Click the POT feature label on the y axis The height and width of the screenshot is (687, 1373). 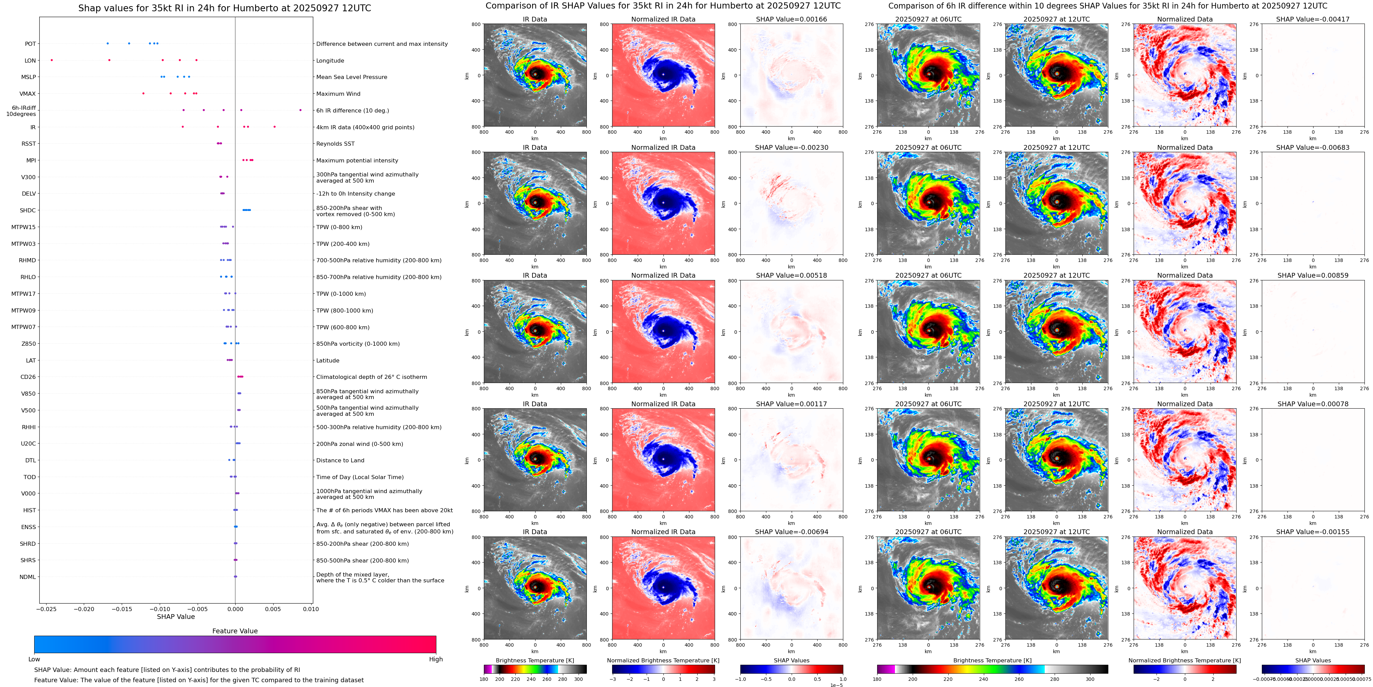click(x=30, y=44)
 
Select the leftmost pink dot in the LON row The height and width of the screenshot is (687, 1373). click(x=52, y=60)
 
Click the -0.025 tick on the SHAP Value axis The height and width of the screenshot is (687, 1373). click(x=47, y=609)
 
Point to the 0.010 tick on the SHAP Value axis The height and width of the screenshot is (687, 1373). click(x=311, y=609)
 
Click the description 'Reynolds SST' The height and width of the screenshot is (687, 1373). click(x=335, y=144)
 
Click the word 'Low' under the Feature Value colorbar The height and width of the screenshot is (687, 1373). click(x=34, y=659)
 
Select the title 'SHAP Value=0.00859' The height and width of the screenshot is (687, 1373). click(x=1313, y=276)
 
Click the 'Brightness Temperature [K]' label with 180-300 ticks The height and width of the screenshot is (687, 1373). click(x=534, y=660)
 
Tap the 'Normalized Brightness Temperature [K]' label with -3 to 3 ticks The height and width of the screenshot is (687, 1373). click(x=663, y=660)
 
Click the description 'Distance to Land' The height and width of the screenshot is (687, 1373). click(x=340, y=461)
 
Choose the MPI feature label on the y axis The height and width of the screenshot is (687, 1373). click(x=31, y=160)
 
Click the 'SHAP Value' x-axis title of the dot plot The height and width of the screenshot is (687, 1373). click(x=176, y=617)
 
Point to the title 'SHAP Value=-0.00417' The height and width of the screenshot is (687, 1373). click(x=1313, y=19)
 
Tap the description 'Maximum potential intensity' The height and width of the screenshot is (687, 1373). click(x=357, y=160)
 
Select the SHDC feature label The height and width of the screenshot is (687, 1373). click(x=28, y=211)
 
